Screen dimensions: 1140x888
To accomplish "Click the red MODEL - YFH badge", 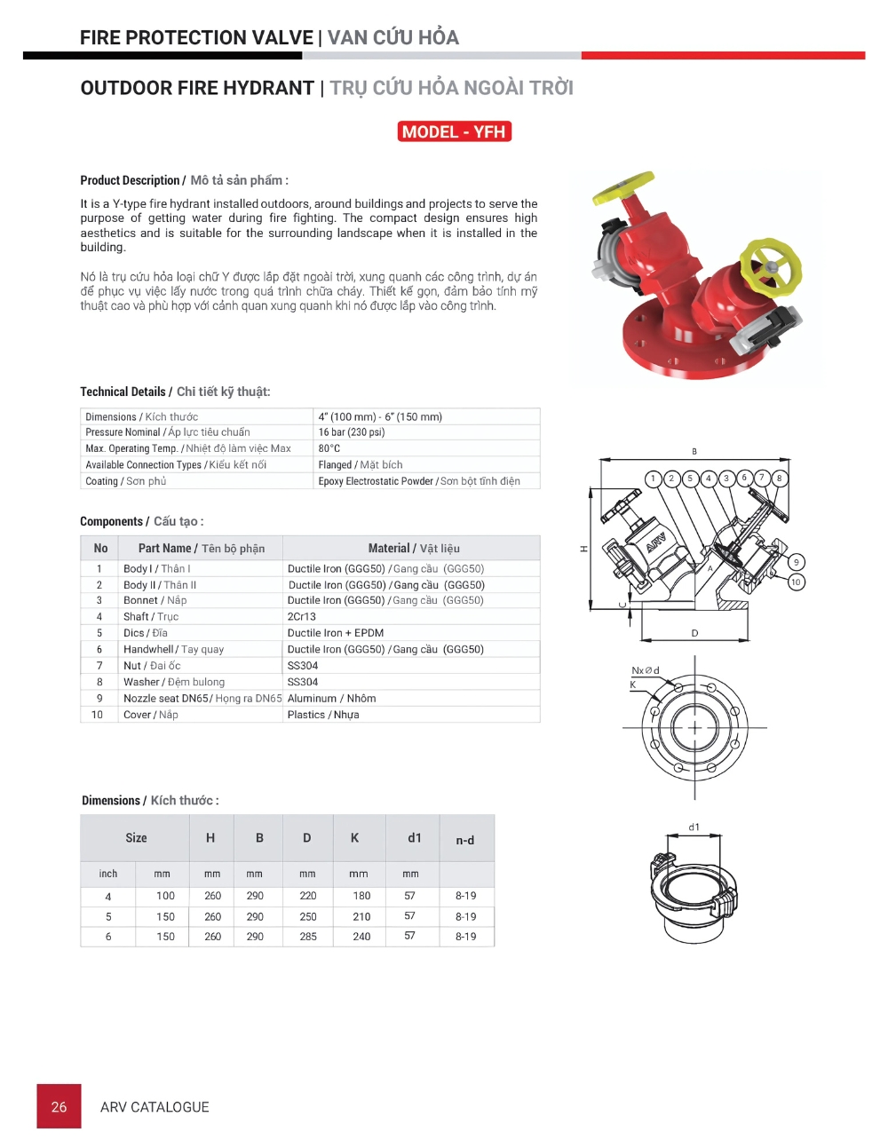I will (x=455, y=132).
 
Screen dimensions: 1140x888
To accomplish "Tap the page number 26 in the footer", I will (x=59, y=1106).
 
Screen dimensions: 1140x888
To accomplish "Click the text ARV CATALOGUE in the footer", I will (x=155, y=1107).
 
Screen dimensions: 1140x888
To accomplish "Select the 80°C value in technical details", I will (x=329, y=448).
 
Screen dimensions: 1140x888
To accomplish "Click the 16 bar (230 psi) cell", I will (x=352, y=432).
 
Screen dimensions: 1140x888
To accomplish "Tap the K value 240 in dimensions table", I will (x=361, y=937).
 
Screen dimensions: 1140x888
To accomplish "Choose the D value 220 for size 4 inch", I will (x=308, y=896).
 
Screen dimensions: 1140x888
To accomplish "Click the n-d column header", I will (x=465, y=840).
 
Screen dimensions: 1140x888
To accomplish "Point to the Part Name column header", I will (x=201, y=549).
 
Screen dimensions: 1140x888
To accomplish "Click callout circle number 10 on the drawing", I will (x=796, y=582).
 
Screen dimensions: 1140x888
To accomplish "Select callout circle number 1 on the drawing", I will (x=653, y=479).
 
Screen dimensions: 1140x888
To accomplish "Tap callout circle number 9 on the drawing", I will (x=796, y=562).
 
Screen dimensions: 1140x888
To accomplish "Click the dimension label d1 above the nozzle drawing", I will (x=694, y=827).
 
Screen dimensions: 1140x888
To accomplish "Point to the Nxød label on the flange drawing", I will (x=646, y=670).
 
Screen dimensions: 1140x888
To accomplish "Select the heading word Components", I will (x=111, y=521).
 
